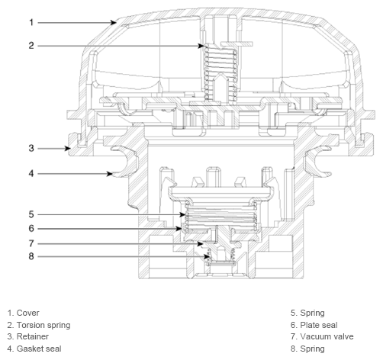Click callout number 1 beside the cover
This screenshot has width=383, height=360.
(x=31, y=23)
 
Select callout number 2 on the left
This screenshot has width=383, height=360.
(x=31, y=46)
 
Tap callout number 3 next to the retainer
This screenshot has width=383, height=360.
(x=31, y=148)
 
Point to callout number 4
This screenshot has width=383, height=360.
(x=31, y=174)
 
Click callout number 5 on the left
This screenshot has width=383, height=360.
(x=31, y=214)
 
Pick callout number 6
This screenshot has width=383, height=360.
(x=31, y=229)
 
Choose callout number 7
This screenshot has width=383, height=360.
(x=31, y=243)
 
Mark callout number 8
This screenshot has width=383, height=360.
(x=31, y=256)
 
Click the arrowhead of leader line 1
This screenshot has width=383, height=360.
(x=114, y=23)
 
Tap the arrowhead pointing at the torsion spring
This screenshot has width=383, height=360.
(x=201, y=46)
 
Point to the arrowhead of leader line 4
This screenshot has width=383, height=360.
(x=110, y=174)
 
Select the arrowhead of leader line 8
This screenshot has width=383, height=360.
(x=208, y=256)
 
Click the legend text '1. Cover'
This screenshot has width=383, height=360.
(x=23, y=313)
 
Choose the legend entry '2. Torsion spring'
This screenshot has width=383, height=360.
(x=39, y=325)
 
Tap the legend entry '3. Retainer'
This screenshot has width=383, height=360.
(x=27, y=336)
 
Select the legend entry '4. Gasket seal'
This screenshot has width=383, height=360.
(x=34, y=349)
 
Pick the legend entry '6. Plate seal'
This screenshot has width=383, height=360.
(x=314, y=325)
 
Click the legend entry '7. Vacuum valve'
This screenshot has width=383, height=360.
(x=322, y=336)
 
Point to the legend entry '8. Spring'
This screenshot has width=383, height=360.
(x=307, y=349)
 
